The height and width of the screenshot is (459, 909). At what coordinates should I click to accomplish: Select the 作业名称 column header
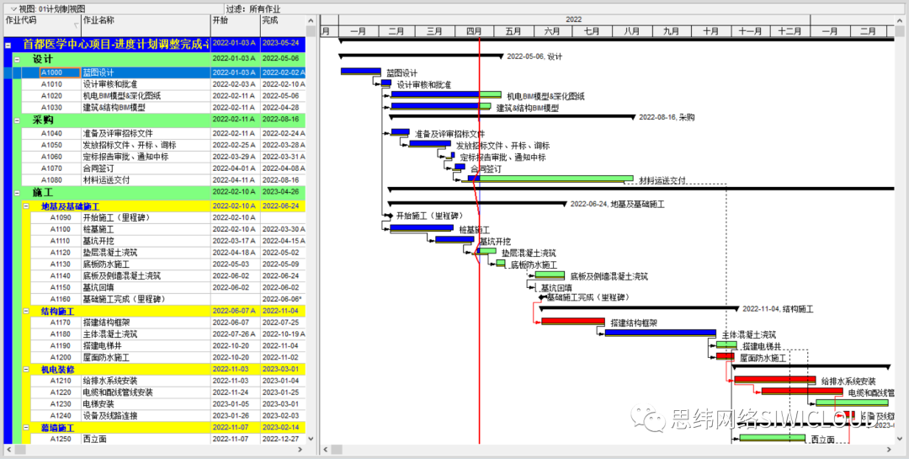(98, 20)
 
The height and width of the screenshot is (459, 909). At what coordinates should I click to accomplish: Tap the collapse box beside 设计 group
(17, 60)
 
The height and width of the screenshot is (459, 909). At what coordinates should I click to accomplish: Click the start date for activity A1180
(234, 334)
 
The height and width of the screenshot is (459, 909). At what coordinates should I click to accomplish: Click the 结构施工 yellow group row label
(58, 311)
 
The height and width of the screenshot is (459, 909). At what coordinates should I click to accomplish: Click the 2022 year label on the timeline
(573, 19)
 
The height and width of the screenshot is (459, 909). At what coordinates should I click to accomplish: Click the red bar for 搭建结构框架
(572, 322)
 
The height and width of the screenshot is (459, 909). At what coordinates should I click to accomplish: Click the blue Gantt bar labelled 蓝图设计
(360, 72)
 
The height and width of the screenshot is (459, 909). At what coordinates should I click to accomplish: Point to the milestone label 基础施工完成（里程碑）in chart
(587, 297)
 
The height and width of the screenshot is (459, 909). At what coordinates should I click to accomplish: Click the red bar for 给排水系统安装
(774, 380)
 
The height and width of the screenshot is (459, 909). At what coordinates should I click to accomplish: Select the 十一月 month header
(750, 31)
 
